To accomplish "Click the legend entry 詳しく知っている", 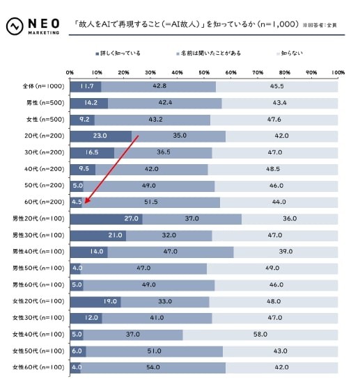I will (119, 53).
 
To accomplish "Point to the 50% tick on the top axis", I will (204, 72).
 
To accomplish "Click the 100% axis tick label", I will (338, 72).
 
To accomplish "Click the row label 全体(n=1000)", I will (42, 86).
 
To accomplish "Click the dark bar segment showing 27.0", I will (106, 219).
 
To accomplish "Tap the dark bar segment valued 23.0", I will (100, 136).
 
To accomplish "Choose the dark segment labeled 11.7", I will (86, 86).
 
